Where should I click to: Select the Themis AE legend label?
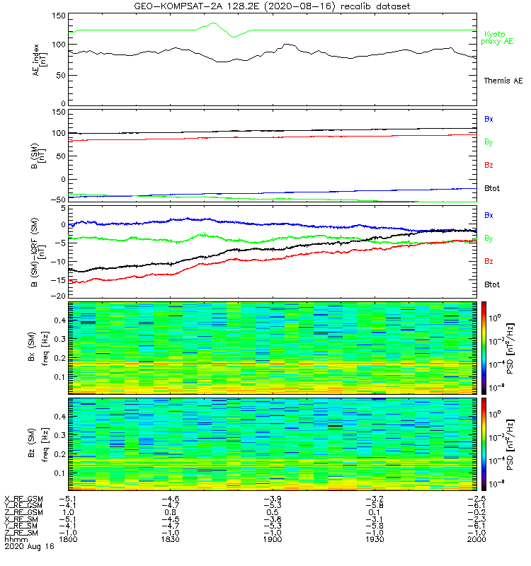[503, 81]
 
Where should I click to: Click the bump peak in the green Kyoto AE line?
[213, 23]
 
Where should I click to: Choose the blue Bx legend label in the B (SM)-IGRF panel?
[489, 214]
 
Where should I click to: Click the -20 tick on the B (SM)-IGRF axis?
[58, 295]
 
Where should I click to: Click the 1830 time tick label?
[170, 540]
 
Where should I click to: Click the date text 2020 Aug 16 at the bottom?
[25, 547]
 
